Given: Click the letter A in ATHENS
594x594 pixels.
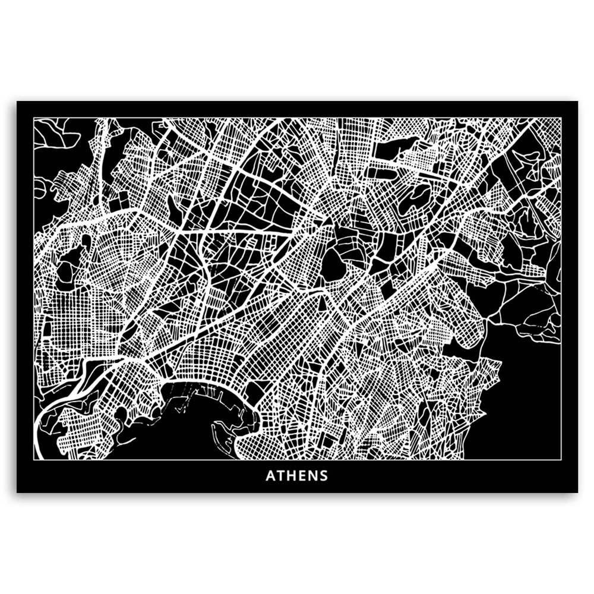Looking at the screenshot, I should [x=270, y=476].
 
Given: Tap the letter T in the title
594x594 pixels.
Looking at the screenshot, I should [x=281, y=476].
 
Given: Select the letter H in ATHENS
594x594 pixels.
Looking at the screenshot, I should [x=292, y=476].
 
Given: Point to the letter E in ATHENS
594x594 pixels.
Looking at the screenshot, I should [x=302, y=476].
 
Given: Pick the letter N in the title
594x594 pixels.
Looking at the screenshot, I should [x=312, y=476].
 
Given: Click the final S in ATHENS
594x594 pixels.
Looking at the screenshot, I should [x=323, y=476].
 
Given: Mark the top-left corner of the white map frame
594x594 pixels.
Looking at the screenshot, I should [x=34, y=118].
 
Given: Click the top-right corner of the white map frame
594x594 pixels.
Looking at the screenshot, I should [x=561, y=118].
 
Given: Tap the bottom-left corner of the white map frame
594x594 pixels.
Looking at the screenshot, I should [x=34, y=460].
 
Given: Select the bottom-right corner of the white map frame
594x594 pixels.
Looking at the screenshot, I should [x=561, y=460].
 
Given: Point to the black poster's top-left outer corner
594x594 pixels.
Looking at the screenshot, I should [x=17, y=102].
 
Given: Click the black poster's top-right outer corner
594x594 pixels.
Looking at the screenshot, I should [x=577, y=102].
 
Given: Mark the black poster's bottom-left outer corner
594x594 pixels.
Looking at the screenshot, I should [x=17, y=492].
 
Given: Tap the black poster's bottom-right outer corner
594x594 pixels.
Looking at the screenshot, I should [x=577, y=492].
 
